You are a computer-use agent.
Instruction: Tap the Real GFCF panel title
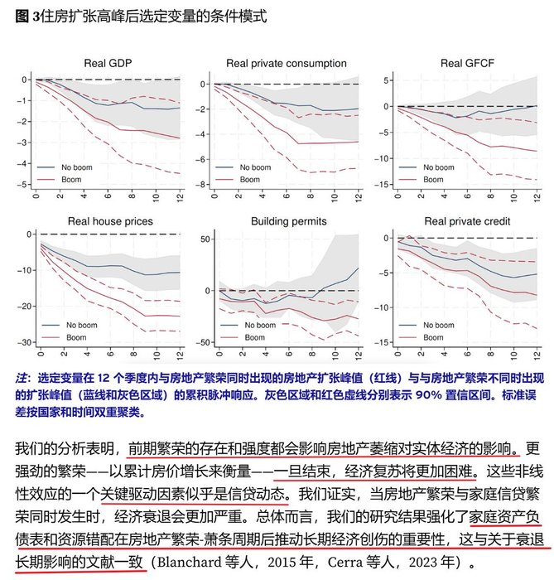tap(465, 63)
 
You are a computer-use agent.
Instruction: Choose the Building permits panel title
tap(290, 221)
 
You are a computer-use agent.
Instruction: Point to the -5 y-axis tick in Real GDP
tap(25, 184)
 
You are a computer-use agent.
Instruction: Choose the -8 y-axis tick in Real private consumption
tap(201, 184)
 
